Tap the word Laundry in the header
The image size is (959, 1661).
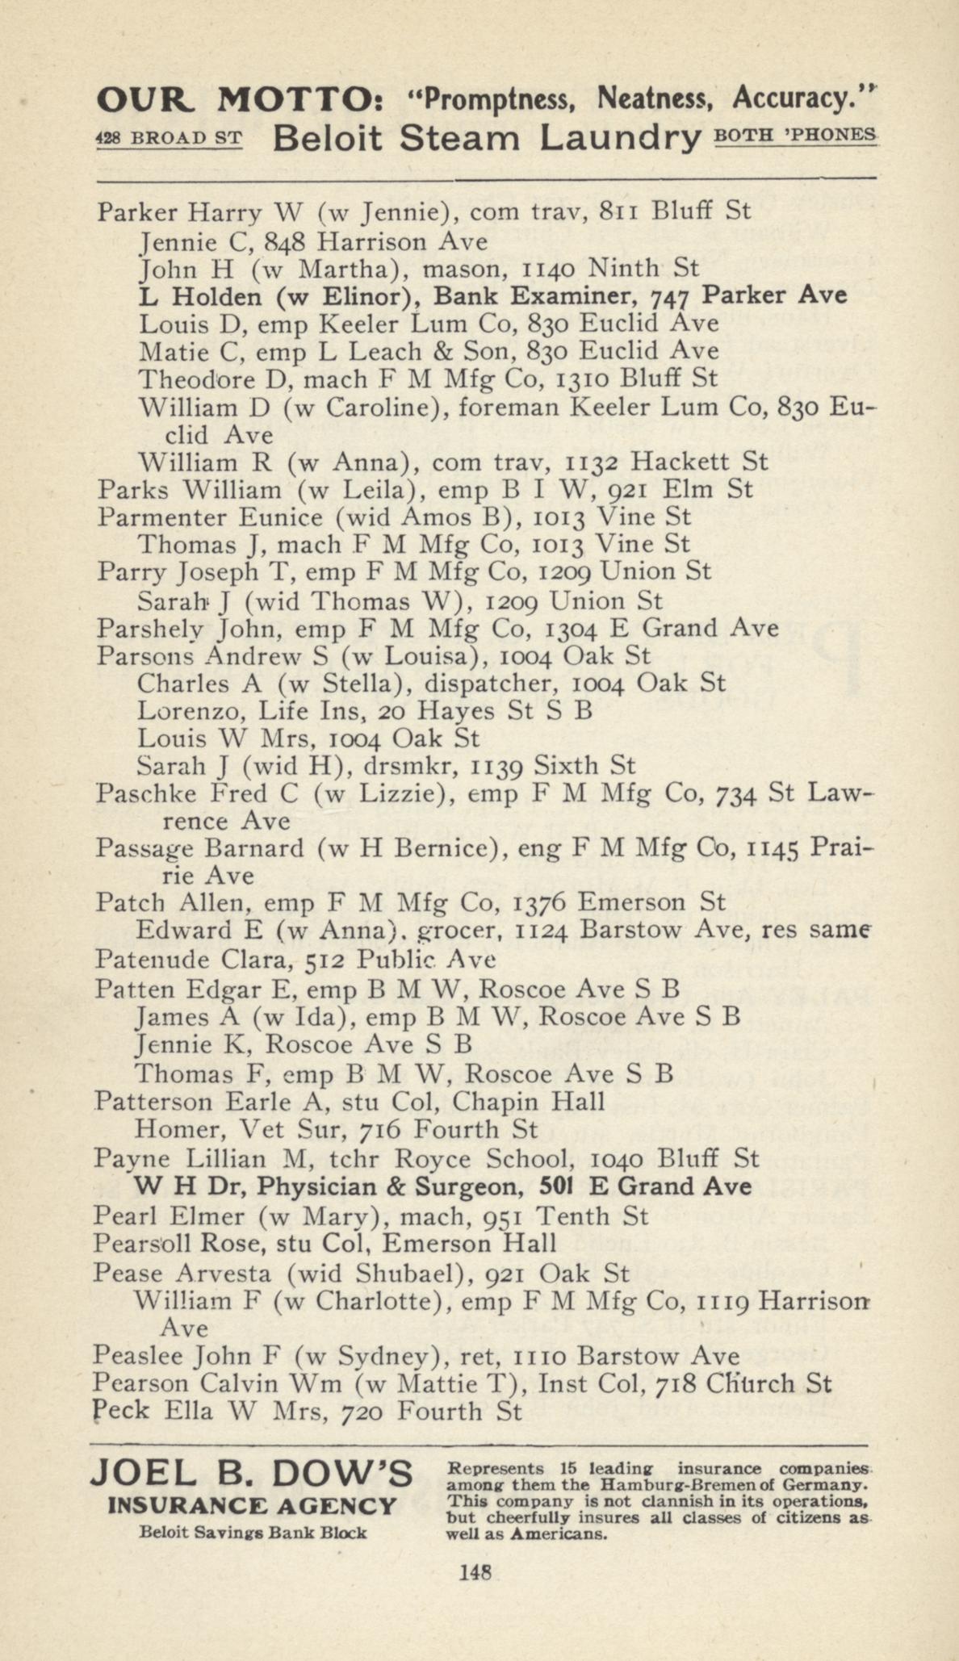click(620, 138)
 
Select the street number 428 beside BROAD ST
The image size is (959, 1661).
click(107, 138)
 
